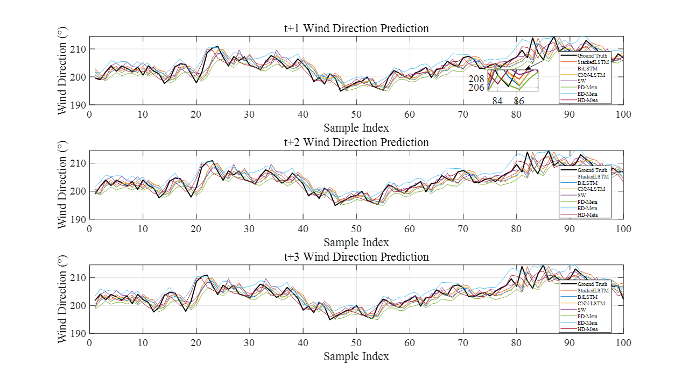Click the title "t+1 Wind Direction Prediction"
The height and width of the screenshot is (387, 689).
(356, 28)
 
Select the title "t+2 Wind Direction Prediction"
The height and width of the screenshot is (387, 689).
(356, 142)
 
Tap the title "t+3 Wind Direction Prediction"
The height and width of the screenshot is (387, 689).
(356, 257)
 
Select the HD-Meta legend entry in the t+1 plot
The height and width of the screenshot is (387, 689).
(587, 101)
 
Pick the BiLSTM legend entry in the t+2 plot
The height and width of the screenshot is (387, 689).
(587, 183)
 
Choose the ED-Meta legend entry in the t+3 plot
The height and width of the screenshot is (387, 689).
(587, 322)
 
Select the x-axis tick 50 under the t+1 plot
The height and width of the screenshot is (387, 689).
(356, 114)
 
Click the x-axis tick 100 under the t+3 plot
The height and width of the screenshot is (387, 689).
(623, 342)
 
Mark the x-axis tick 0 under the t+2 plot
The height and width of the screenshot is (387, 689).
(89, 228)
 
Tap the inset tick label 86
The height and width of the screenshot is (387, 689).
(518, 101)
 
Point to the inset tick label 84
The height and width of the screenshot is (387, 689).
(497, 101)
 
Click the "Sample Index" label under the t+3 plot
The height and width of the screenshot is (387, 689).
(356, 356)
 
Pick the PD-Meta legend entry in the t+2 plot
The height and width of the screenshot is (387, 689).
(587, 202)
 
